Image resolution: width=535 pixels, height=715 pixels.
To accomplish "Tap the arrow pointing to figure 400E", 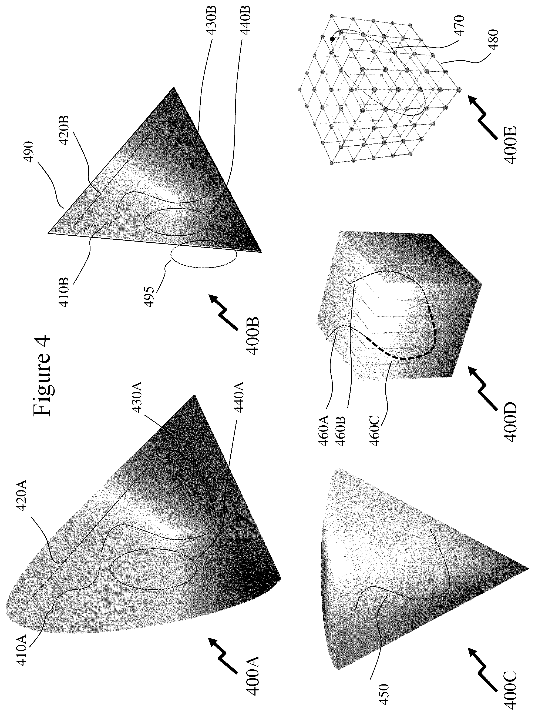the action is tap(483, 114).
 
